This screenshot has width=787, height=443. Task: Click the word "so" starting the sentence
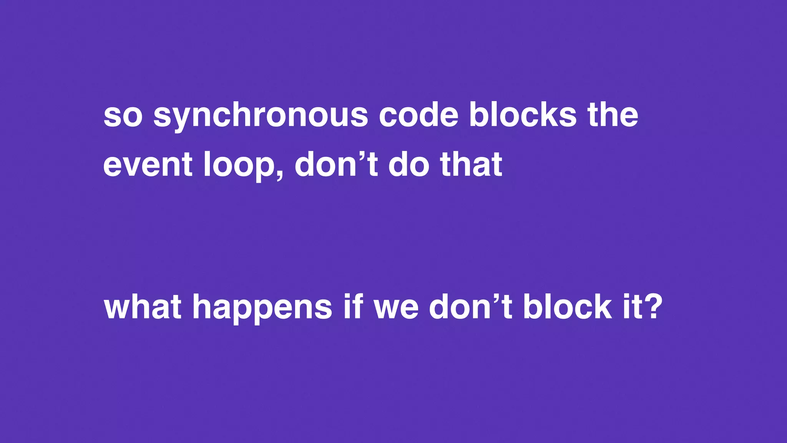(123, 116)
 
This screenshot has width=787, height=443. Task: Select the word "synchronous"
(261, 116)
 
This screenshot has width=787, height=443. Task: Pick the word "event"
(148, 165)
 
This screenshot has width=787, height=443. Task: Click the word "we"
(396, 308)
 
